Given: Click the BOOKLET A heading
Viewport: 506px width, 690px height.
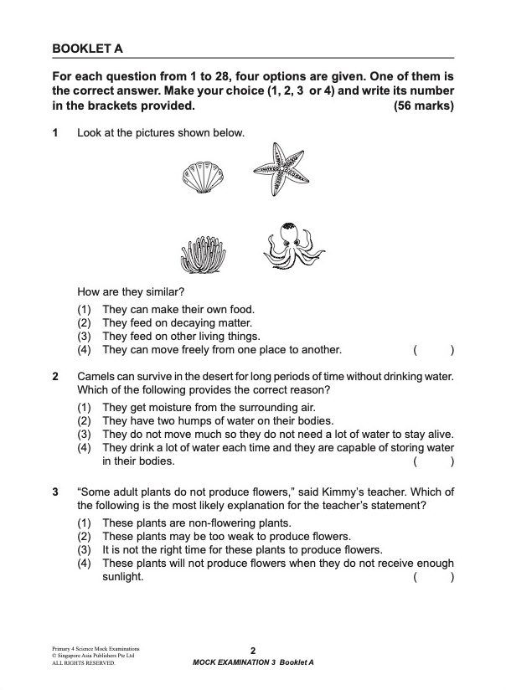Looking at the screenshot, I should [x=87, y=49].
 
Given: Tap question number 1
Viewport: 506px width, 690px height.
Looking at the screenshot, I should [x=55, y=133].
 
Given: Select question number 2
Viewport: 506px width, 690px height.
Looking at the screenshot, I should [x=55, y=377].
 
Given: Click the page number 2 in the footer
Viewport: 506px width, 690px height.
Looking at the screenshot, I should [x=252, y=651].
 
